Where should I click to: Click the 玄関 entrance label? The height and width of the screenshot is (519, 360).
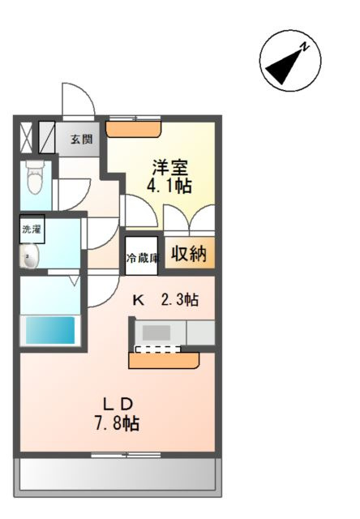point(81,139)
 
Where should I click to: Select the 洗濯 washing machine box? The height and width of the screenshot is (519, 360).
point(32,229)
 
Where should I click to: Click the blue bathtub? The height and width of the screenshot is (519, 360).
point(50,330)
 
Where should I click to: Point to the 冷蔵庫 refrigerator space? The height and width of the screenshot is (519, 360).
point(141,255)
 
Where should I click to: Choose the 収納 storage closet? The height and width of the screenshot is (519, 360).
point(190,253)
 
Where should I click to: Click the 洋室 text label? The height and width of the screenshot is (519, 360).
point(170,168)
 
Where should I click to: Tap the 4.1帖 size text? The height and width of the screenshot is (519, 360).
point(169,186)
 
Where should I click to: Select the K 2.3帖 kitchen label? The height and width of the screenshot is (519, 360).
point(165,300)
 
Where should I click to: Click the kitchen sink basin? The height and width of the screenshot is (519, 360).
point(156,332)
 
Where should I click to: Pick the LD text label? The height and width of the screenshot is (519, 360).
point(118,404)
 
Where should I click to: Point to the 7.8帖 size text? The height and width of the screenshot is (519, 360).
point(117,423)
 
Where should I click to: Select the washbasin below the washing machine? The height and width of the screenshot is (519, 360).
point(29,256)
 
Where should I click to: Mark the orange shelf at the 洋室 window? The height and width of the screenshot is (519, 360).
point(133,129)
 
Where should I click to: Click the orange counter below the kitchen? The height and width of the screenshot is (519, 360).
point(164,360)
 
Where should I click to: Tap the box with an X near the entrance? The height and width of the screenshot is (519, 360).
point(26,138)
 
